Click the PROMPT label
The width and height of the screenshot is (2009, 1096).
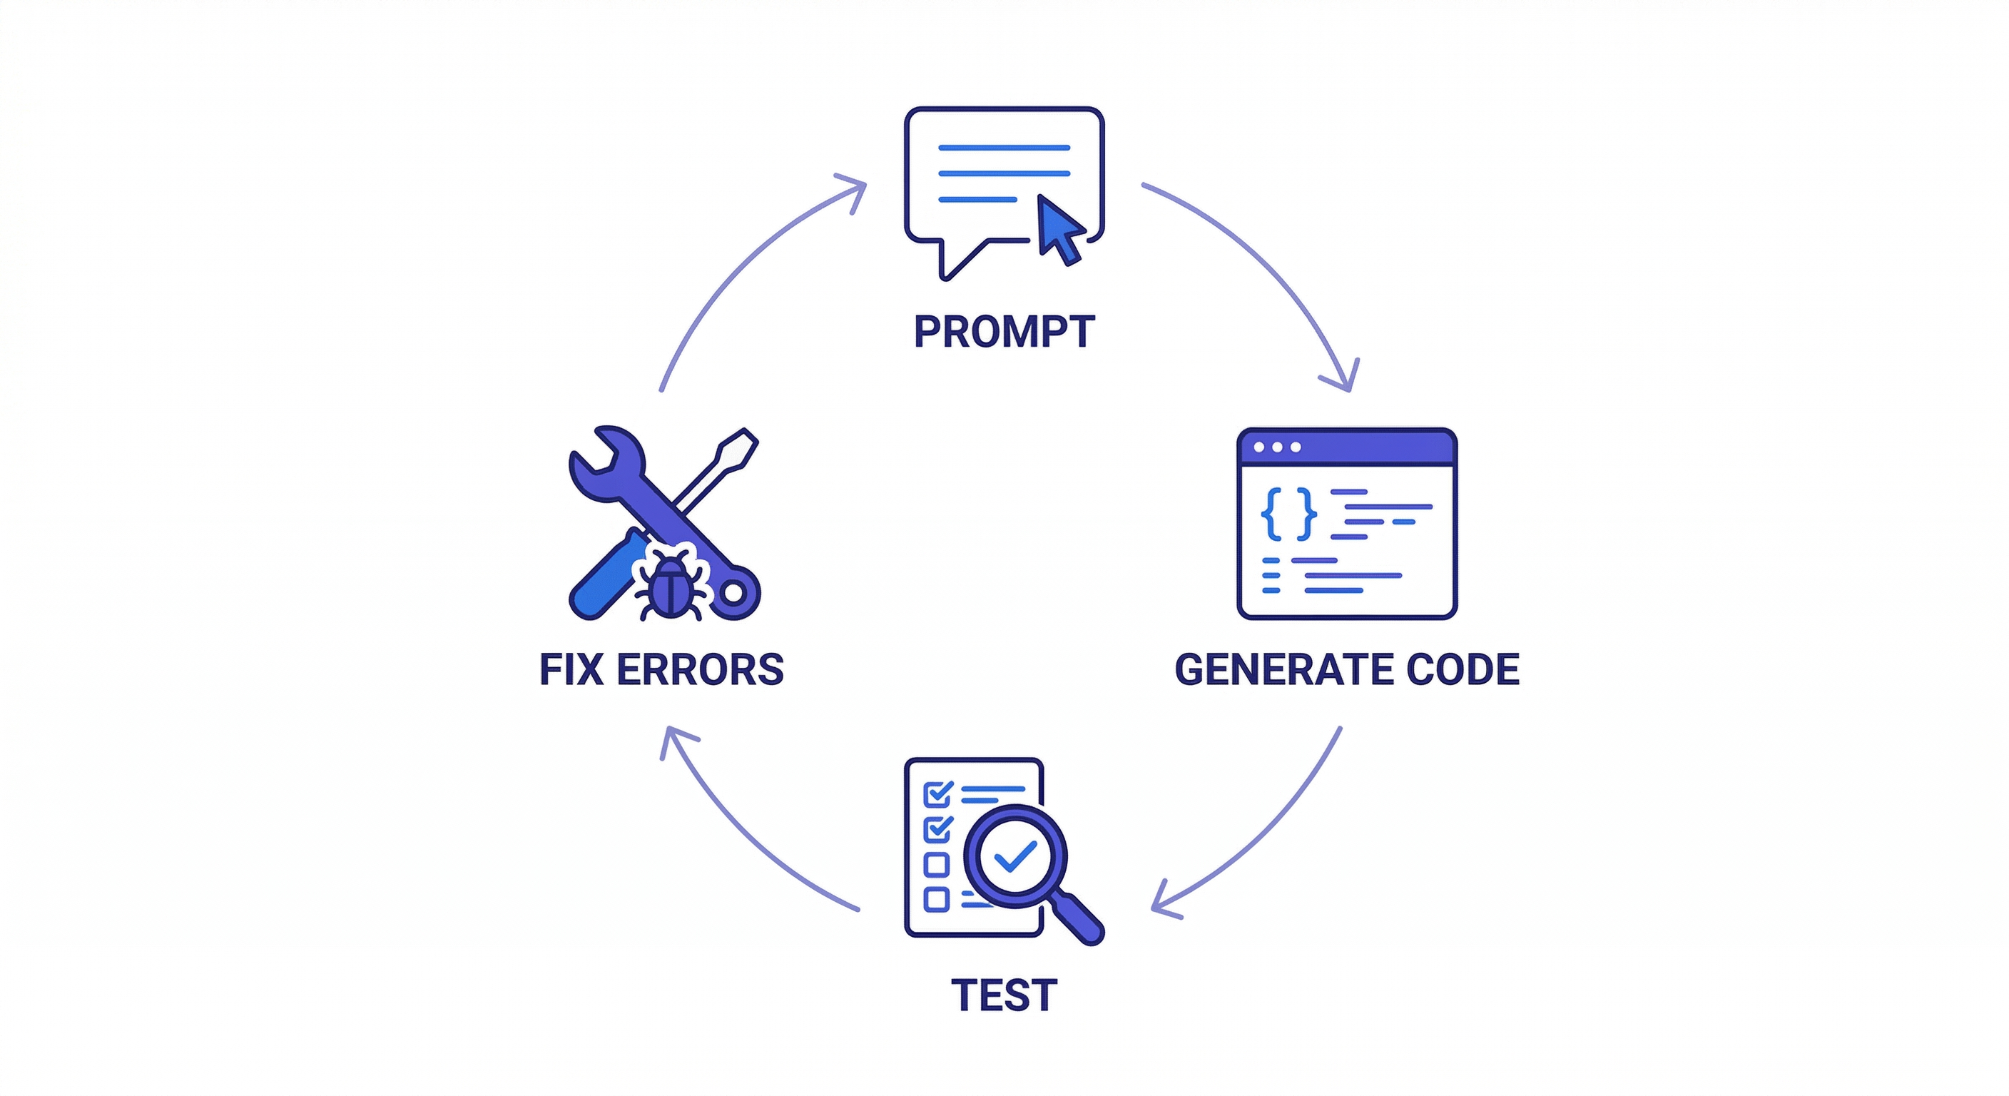[x=1004, y=333]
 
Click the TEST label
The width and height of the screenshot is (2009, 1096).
[x=1004, y=995]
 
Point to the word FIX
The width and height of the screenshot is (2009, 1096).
[x=571, y=669]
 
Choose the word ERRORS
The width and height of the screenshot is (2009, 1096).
[x=700, y=669]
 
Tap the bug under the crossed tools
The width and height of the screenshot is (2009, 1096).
[x=672, y=587]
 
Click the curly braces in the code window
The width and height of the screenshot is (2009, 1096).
[x=1289, y=514]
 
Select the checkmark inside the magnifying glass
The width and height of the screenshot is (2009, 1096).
[x=1015, y=856]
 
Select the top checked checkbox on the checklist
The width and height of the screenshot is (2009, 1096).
[x=937, y=794]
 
